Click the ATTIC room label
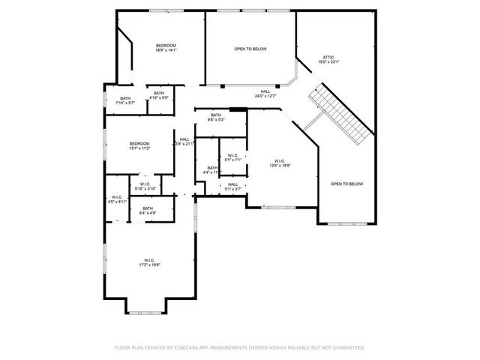pyautogui.click(x=328, y=56)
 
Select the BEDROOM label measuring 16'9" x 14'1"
pyautogui.click(x=166, y=46)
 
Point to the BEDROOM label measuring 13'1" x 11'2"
pyautogui.click(x=139, y=143)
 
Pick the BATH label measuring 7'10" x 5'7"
pyautogui.click(x=125, y=98)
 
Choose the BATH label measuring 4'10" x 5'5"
pyautogui.click(x=159, y=93)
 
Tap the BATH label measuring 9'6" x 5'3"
pyautogui.click(x=216, y=115)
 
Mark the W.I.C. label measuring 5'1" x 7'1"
pyautogui.click(x=233, y=156)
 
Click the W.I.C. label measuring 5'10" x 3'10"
pyautogui.click(x=145, y=184)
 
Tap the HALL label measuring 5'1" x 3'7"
pyautogui.click(x=232, y=184)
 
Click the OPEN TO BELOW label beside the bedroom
pyautogui.click(x=250, y=49)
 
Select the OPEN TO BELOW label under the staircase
pyautogui.click(x=346, y=184)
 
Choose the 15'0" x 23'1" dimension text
pyautogui.click(x=328, y=61)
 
